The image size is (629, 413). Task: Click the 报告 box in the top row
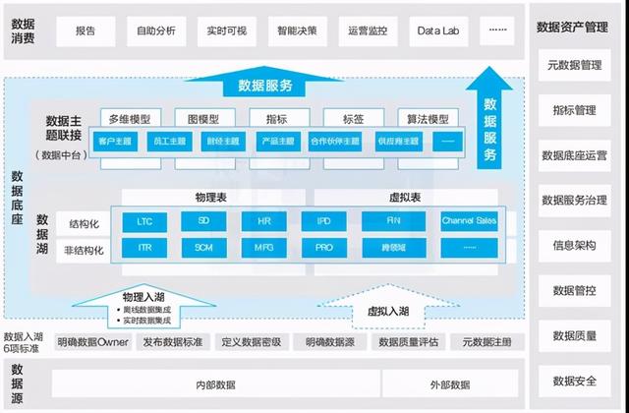(x=86, y=31)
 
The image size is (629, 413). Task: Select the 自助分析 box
(x=155, y=31)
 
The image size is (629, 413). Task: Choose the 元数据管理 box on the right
(x=576, y=65)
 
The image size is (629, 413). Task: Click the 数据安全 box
(x=576, y=381)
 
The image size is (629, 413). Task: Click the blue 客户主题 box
(x=115, y=140)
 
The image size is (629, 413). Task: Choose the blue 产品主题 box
(x=275, y=140)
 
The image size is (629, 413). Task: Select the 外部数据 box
(x=449, y=383)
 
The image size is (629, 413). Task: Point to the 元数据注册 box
(x=486, y=343)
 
